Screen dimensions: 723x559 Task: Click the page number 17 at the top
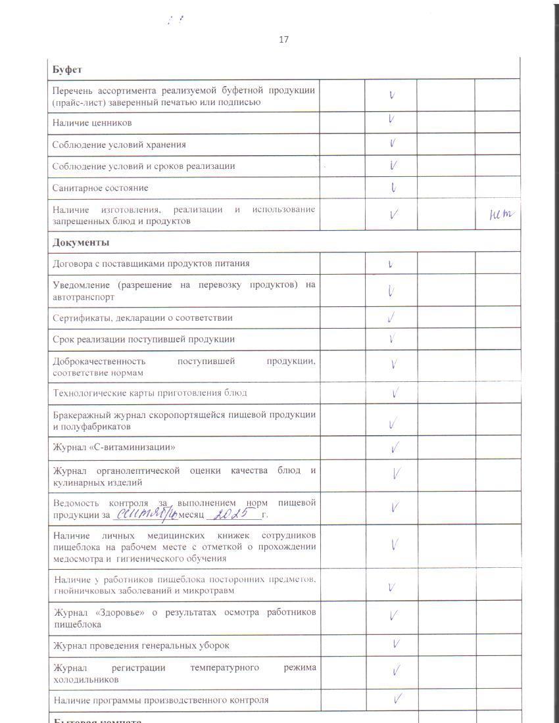click(283, 39)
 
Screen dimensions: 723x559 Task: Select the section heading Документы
click(81, 243)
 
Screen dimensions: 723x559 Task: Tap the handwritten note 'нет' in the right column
click(502, 214)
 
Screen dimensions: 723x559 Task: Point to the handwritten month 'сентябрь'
click(145, 513)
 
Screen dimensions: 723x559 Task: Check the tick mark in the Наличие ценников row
click(391, 120)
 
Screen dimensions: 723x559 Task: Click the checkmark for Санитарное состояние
click(393, 188)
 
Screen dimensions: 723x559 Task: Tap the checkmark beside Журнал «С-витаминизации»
click(395, 448)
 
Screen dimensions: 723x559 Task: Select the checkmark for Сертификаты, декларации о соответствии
click(392, 318)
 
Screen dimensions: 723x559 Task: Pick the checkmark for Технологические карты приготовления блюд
click(395, 393)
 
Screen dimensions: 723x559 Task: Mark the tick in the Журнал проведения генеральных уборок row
click(396, 644)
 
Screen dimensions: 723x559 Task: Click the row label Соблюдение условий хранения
click(119, 145)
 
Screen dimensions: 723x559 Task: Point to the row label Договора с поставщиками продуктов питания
click(151, 264)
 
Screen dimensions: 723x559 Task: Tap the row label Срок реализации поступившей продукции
click(143, 339)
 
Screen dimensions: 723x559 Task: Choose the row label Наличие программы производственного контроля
click(161, 700)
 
